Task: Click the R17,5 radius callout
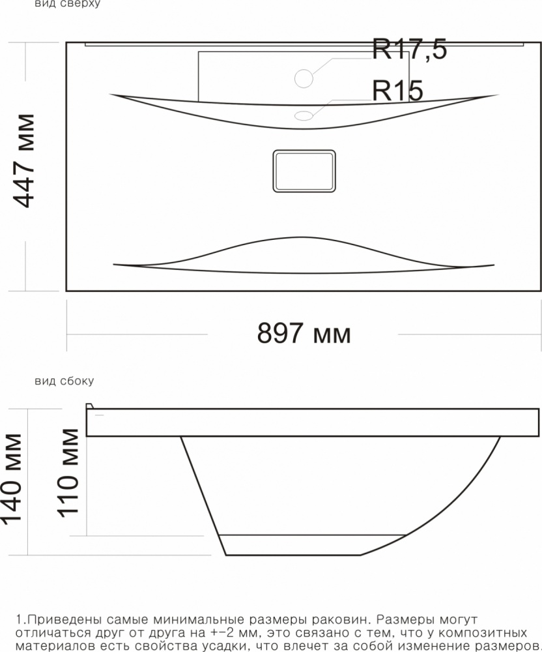[x=409, y=50]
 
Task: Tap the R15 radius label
[x=397, y=91]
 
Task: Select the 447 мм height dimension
[x=24, y=160]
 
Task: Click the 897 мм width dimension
[x=304, y=333]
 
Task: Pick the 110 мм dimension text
[x=67, y=473]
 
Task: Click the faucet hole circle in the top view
[x=304, y=78]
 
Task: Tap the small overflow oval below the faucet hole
[x=304, y=115]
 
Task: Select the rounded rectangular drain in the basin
[x=304, y=171]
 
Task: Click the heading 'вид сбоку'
[x=64, y=381]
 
